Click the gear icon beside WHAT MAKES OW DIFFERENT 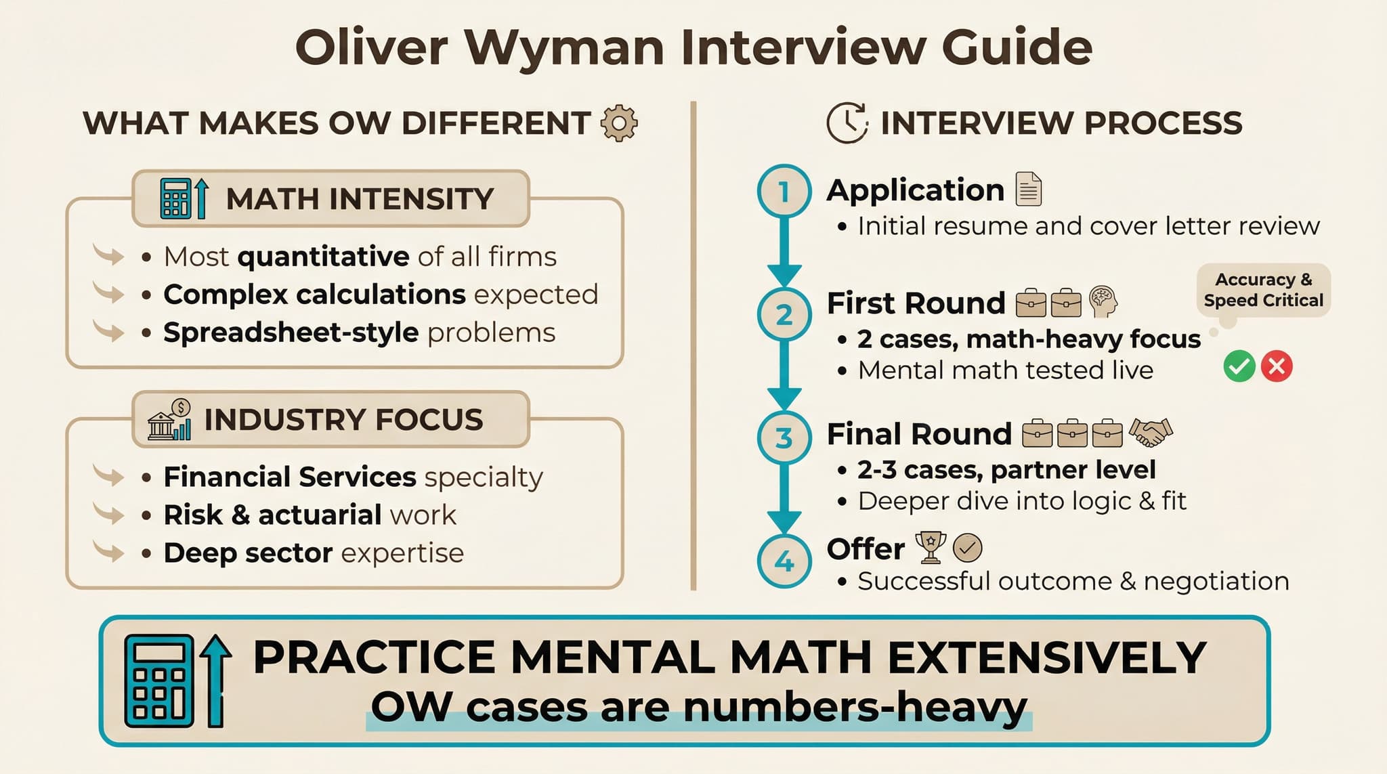(x=619, y=123)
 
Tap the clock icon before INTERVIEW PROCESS (x=847, y=123)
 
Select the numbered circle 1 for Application (x=784, y=192)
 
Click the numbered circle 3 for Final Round (x=784, y=438)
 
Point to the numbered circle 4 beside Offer (x=784, y=561)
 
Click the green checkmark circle (x=1239, y=366)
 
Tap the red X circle (x=1277, y=366)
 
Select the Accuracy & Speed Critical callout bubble (x=1263, y=290)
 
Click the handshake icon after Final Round (x=1151, y=432)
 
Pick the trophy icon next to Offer (x=931, y=547)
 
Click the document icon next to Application (x=1029, y=189)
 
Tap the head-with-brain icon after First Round (x=1103, y=301)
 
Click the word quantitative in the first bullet (x=324, y=257)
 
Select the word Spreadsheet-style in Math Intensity (x=291, y=332)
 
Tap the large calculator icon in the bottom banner (x=160, y=681)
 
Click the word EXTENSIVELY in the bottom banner (x=1047, y=658)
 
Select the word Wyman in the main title (x=564, y=47)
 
